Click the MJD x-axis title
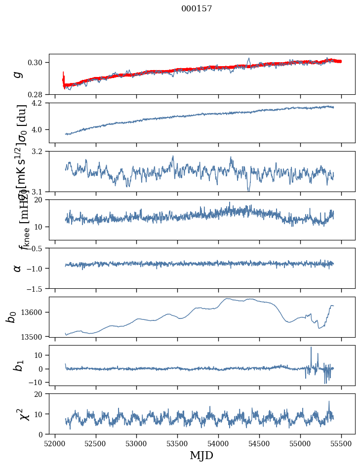pos(201,455)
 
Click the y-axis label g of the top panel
pos(18,74)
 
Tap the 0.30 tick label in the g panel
pos(39,62)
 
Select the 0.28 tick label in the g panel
pos(39,94)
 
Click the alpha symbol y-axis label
pos(18,268)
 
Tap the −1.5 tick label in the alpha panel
pos(37,288)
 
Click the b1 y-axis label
pos(18,365)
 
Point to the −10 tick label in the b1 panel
pos(38,382)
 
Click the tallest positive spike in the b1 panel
pos(311,348)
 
